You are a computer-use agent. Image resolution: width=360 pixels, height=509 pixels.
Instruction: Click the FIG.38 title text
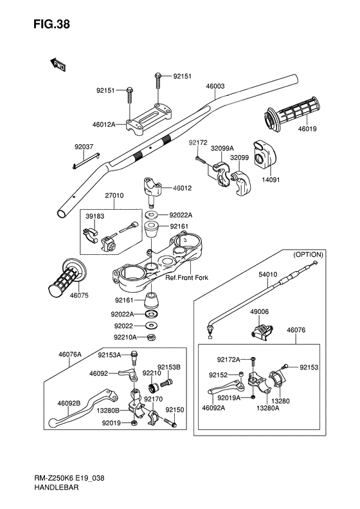(51, 24)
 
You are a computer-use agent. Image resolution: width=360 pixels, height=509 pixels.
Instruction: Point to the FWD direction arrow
(58, 64)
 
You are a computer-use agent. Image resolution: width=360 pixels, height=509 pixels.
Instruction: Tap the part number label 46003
(215, 86)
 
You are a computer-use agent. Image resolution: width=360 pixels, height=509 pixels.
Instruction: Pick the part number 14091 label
(271, 180)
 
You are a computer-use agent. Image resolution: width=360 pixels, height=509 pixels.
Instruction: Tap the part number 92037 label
(84, 147)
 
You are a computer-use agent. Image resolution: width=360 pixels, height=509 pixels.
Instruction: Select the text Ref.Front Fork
(187, 277)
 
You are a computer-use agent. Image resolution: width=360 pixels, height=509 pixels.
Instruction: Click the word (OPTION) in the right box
(308, 255)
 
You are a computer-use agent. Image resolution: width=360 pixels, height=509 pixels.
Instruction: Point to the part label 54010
(268, 275)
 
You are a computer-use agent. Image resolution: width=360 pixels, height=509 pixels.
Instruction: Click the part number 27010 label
(114, 196)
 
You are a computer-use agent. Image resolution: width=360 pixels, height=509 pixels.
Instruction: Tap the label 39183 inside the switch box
(94, 216)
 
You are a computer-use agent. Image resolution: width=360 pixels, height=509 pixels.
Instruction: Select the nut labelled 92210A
(150, 337)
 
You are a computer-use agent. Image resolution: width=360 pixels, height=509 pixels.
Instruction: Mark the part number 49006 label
(259, 311)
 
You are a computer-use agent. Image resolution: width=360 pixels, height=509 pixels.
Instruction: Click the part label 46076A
(69, 355)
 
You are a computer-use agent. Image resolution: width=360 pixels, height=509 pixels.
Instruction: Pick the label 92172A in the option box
(228, 359)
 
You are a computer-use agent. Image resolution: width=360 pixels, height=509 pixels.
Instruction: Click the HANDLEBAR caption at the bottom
(56, 487)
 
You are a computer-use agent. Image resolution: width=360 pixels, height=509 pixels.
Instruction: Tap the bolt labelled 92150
(170, 422)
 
